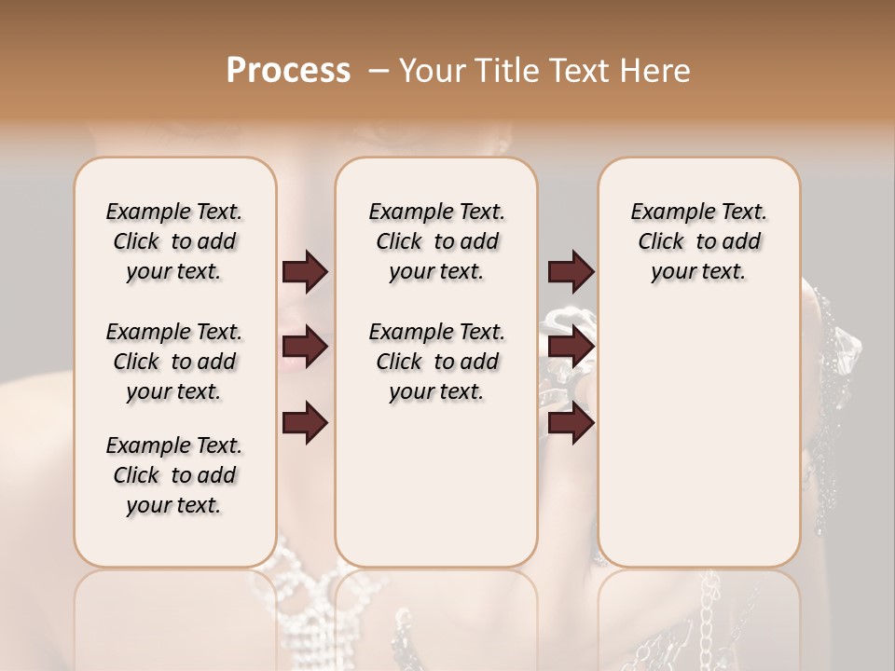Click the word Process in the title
coord(288,71)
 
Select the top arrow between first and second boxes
coord(305,272)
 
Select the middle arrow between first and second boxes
coord(305,348)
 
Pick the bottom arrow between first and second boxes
coord(305,423)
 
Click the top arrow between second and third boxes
coord(571,272)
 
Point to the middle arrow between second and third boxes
coord(571,348)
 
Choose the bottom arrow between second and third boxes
coord(571,423)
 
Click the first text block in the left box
coord(174,241)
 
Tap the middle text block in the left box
coord(174,362)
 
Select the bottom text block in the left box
coord(174,475)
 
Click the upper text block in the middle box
coord(436,241)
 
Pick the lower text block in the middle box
coord(436,362)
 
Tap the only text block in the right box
coord(698,241)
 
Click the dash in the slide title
coord(379,71)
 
